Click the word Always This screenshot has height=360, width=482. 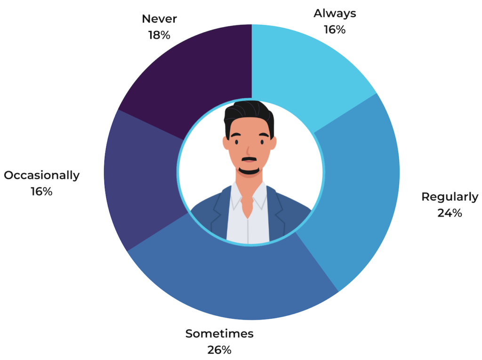[x=335, y=14]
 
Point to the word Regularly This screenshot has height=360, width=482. [x=450, y=197]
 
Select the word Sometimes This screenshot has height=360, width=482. [x=219, y=334]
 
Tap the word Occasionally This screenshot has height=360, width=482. [x=41, y=176]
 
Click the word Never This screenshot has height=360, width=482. [x=159, y=19]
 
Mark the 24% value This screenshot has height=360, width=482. [x=450, y=213]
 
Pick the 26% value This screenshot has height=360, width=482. [x=219, y=350]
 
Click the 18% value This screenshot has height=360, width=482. [x=159, y=35]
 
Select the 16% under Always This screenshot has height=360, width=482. [x=335, y=30]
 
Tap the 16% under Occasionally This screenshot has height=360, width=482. [x=41, y=192]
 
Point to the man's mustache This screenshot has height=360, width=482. [x=249, y=159]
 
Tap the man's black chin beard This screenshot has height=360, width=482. [x=249, y=171]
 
